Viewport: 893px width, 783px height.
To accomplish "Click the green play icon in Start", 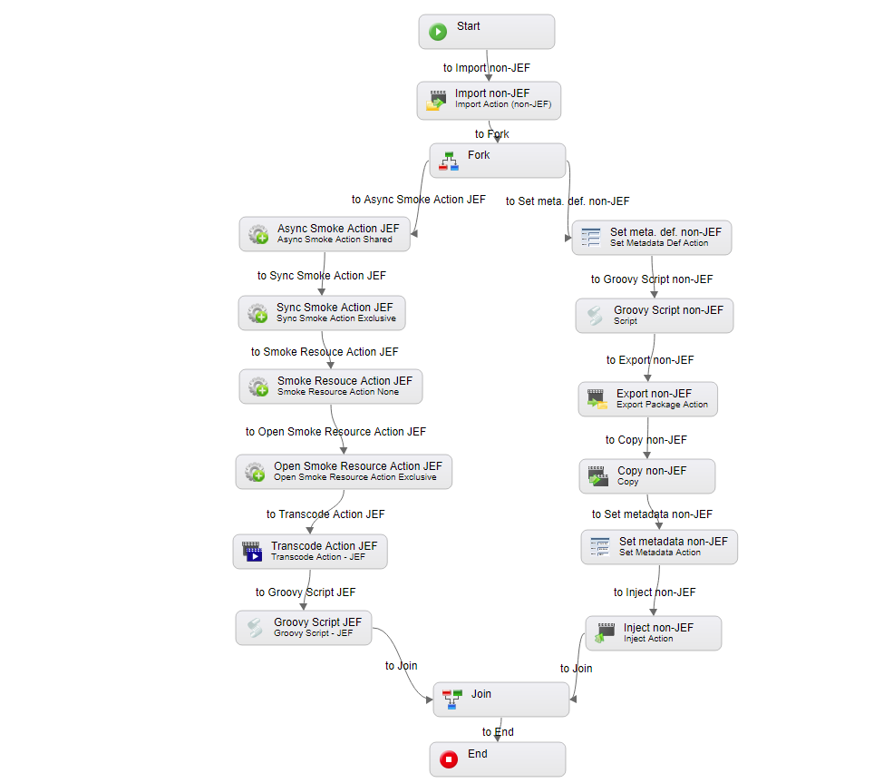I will (438, 32).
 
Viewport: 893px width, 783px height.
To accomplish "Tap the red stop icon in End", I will (449, 759).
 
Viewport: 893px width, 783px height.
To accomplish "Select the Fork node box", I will (498, 161).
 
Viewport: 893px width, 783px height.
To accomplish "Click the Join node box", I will (501, 699).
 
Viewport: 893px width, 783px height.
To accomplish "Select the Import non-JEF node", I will (489, 101).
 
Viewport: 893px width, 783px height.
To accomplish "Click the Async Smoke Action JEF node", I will (325, 233).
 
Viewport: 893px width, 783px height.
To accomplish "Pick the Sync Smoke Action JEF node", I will (322, 313).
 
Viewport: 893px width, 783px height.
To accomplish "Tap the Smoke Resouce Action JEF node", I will (331, 386).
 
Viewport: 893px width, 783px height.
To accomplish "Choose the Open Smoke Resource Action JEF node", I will (344, 472).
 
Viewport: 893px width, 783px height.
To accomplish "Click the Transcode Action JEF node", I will (310, 552).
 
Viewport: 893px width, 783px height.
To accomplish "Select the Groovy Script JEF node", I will (304, 628).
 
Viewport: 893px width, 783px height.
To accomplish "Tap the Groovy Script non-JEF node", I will (655, 316).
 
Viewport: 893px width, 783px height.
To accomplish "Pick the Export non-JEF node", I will (648, 399).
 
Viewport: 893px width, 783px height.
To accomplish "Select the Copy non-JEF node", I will (647, 476).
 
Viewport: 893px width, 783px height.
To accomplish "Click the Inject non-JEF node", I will (654, 633).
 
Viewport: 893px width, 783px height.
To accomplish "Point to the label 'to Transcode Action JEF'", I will (325, 514).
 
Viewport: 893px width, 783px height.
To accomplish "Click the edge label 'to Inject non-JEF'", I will (655, 592).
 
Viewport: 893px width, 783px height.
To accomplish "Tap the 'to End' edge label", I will (498, 732).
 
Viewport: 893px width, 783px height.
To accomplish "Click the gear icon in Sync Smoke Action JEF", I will (257, 314).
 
